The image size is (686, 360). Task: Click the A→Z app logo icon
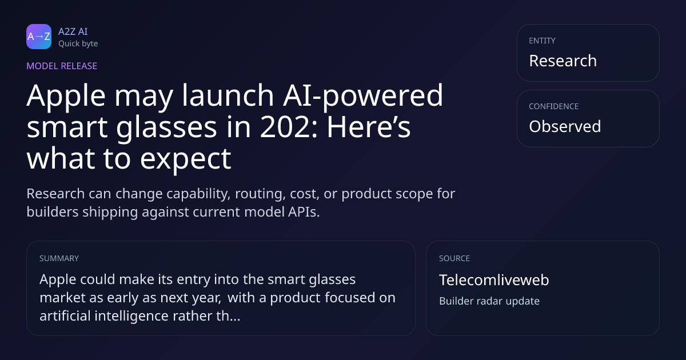tap(39, 37)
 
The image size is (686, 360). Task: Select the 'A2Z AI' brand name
tap(73, 31)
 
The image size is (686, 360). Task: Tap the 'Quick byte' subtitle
tap(78, 44)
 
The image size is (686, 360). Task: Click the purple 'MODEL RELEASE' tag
tap(62, 66)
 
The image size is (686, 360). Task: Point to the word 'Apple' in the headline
tap(66, 96)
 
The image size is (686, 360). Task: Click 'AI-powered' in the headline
tap(363, 96)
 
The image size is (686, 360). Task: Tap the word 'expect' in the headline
tap(186, 159)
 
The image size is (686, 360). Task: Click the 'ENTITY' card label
tap(542, 41)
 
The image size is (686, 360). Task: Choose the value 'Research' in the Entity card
tap(563, 61)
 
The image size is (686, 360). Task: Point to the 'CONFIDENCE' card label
tap(554, 106)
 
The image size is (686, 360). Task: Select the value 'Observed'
tap(565, 126)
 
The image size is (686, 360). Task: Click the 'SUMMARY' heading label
tap(59, 258)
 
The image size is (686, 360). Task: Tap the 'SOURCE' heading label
tap(454, 258)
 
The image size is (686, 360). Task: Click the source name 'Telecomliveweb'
tap(494, 280)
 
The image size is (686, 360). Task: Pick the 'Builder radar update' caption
tap(489, 301)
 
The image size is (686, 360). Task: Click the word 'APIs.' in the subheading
tap(304, 212)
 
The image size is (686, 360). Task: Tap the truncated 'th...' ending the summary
tap(228, 315)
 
